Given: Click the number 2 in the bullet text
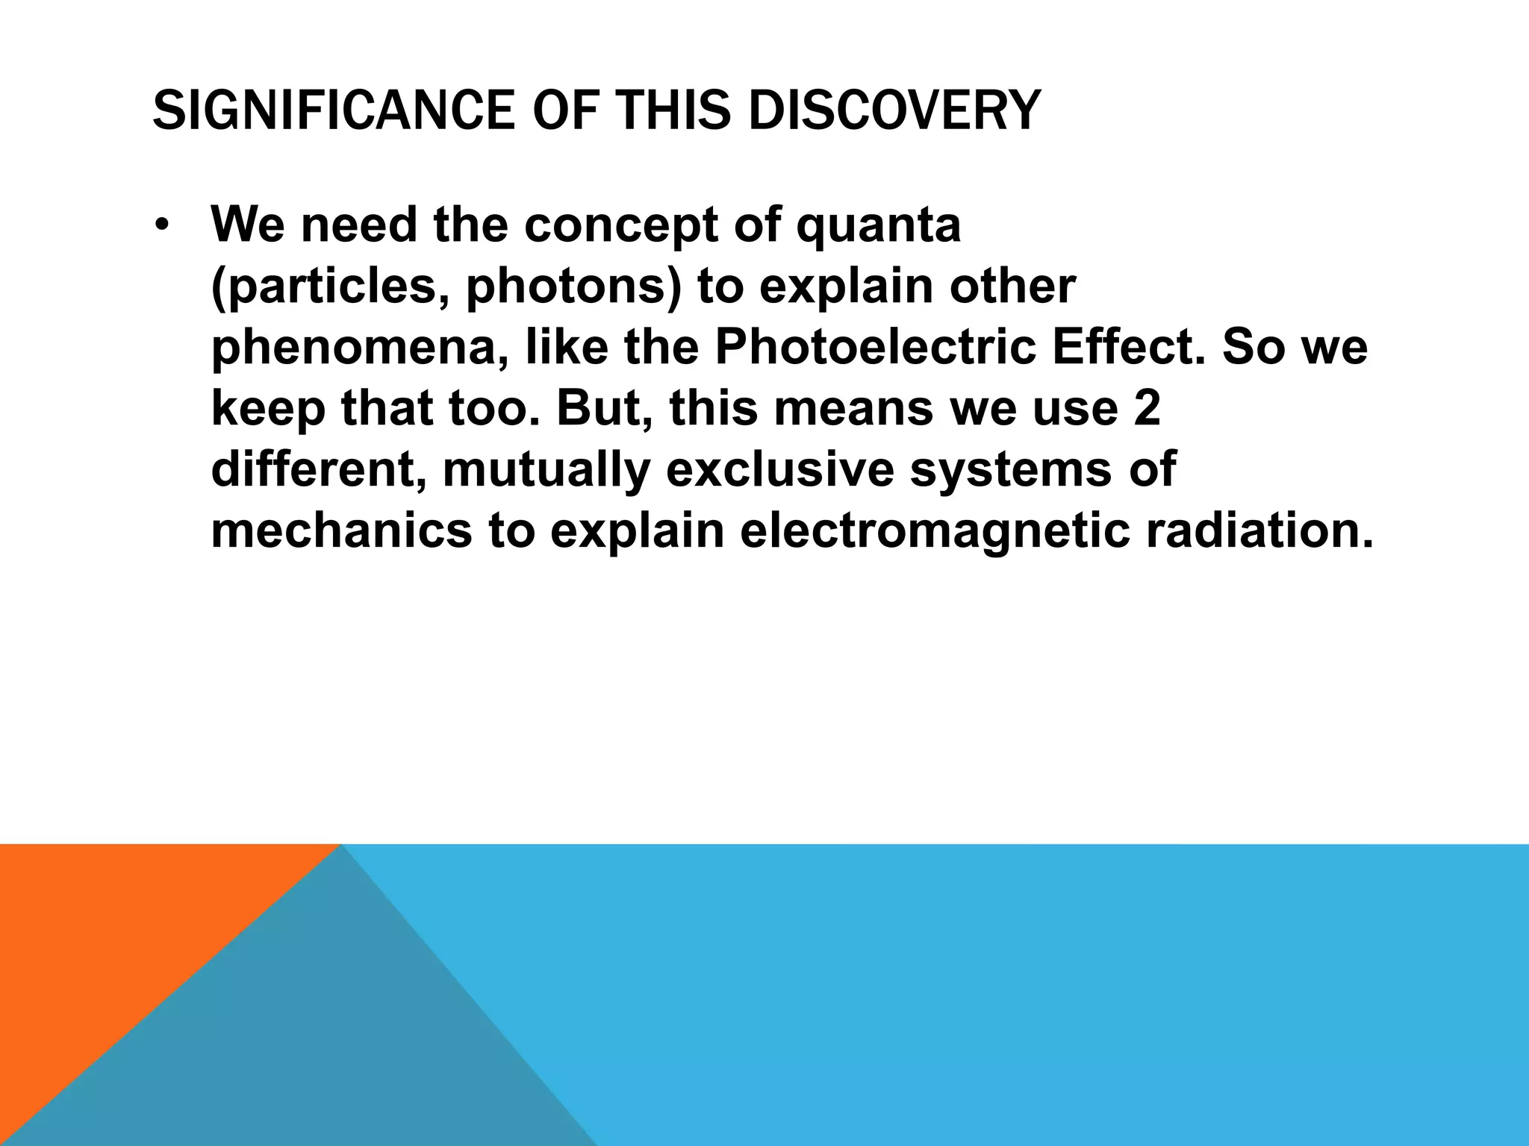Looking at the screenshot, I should (1146, 410).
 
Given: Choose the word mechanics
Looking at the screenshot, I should (342, 531).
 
